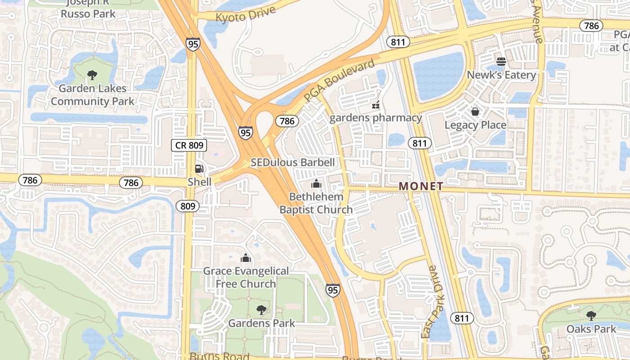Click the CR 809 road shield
point(189,145)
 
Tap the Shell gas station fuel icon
point(199,169)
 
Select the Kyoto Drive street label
point(245,13)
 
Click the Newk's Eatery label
point(501,75)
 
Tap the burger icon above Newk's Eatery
point(501,61)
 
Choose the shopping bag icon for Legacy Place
point(475,112)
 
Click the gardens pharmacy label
point(375,118)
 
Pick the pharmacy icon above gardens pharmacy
point(375,105)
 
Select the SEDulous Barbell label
point(293,162)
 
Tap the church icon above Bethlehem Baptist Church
point(316,184)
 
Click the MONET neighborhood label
point(421,186)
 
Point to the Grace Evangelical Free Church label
point(246,277)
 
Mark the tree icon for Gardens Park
point(261,310)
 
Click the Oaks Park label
point(591,329)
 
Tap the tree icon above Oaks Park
point(591,315)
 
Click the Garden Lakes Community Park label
point(92,94)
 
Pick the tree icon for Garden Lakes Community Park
point(92,75)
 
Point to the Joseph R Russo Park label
point(88,9)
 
